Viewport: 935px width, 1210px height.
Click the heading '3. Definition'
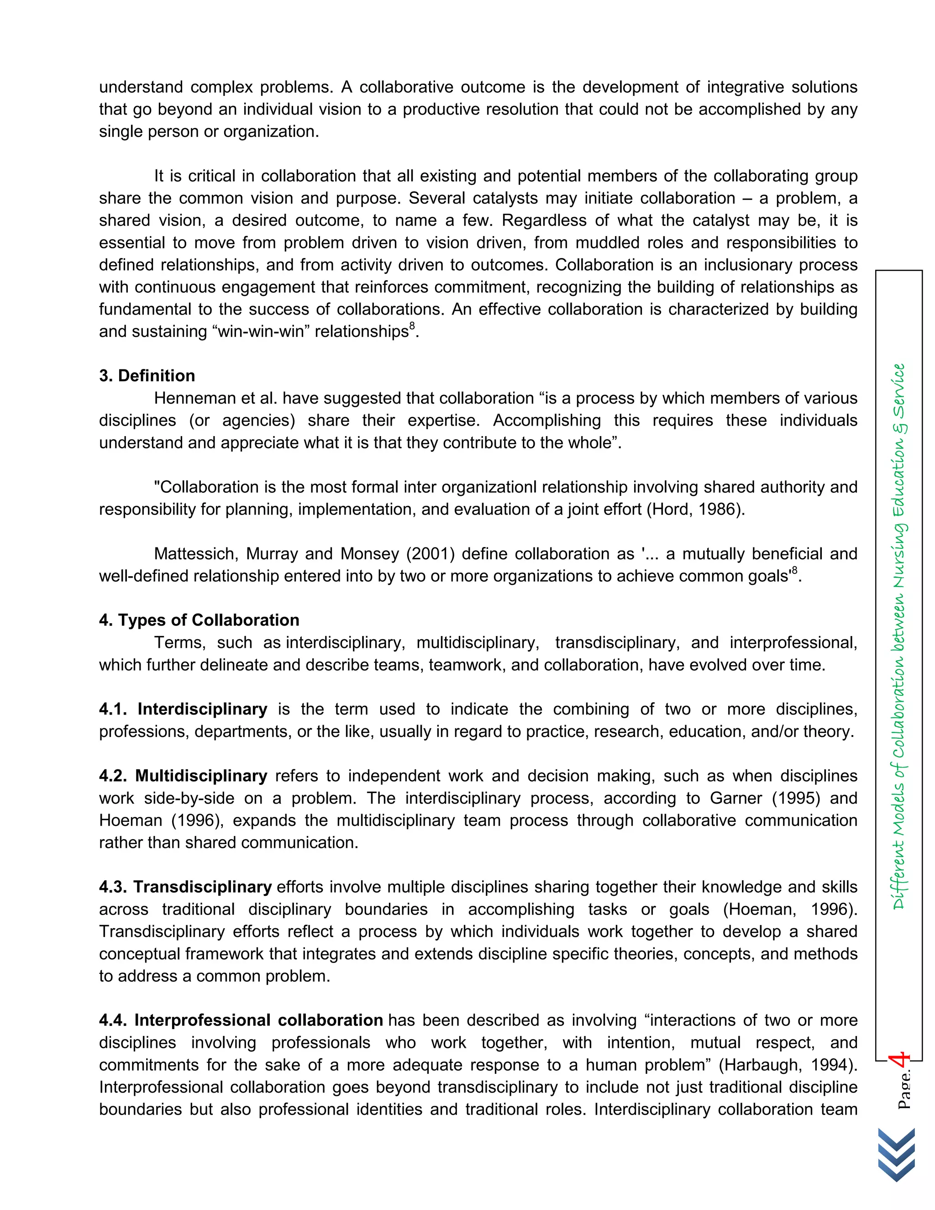tap(147, 376)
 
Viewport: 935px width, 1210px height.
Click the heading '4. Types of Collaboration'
tap(199, 620)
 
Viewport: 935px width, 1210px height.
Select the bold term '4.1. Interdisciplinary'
tap(183, 709)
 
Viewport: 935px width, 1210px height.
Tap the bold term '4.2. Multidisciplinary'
tap(183, 776)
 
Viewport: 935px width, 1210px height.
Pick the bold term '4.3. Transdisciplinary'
tap(185, 887)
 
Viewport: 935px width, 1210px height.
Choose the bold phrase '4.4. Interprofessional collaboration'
tap(241, 1020)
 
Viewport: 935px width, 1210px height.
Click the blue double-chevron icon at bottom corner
tap(896, 1155)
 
